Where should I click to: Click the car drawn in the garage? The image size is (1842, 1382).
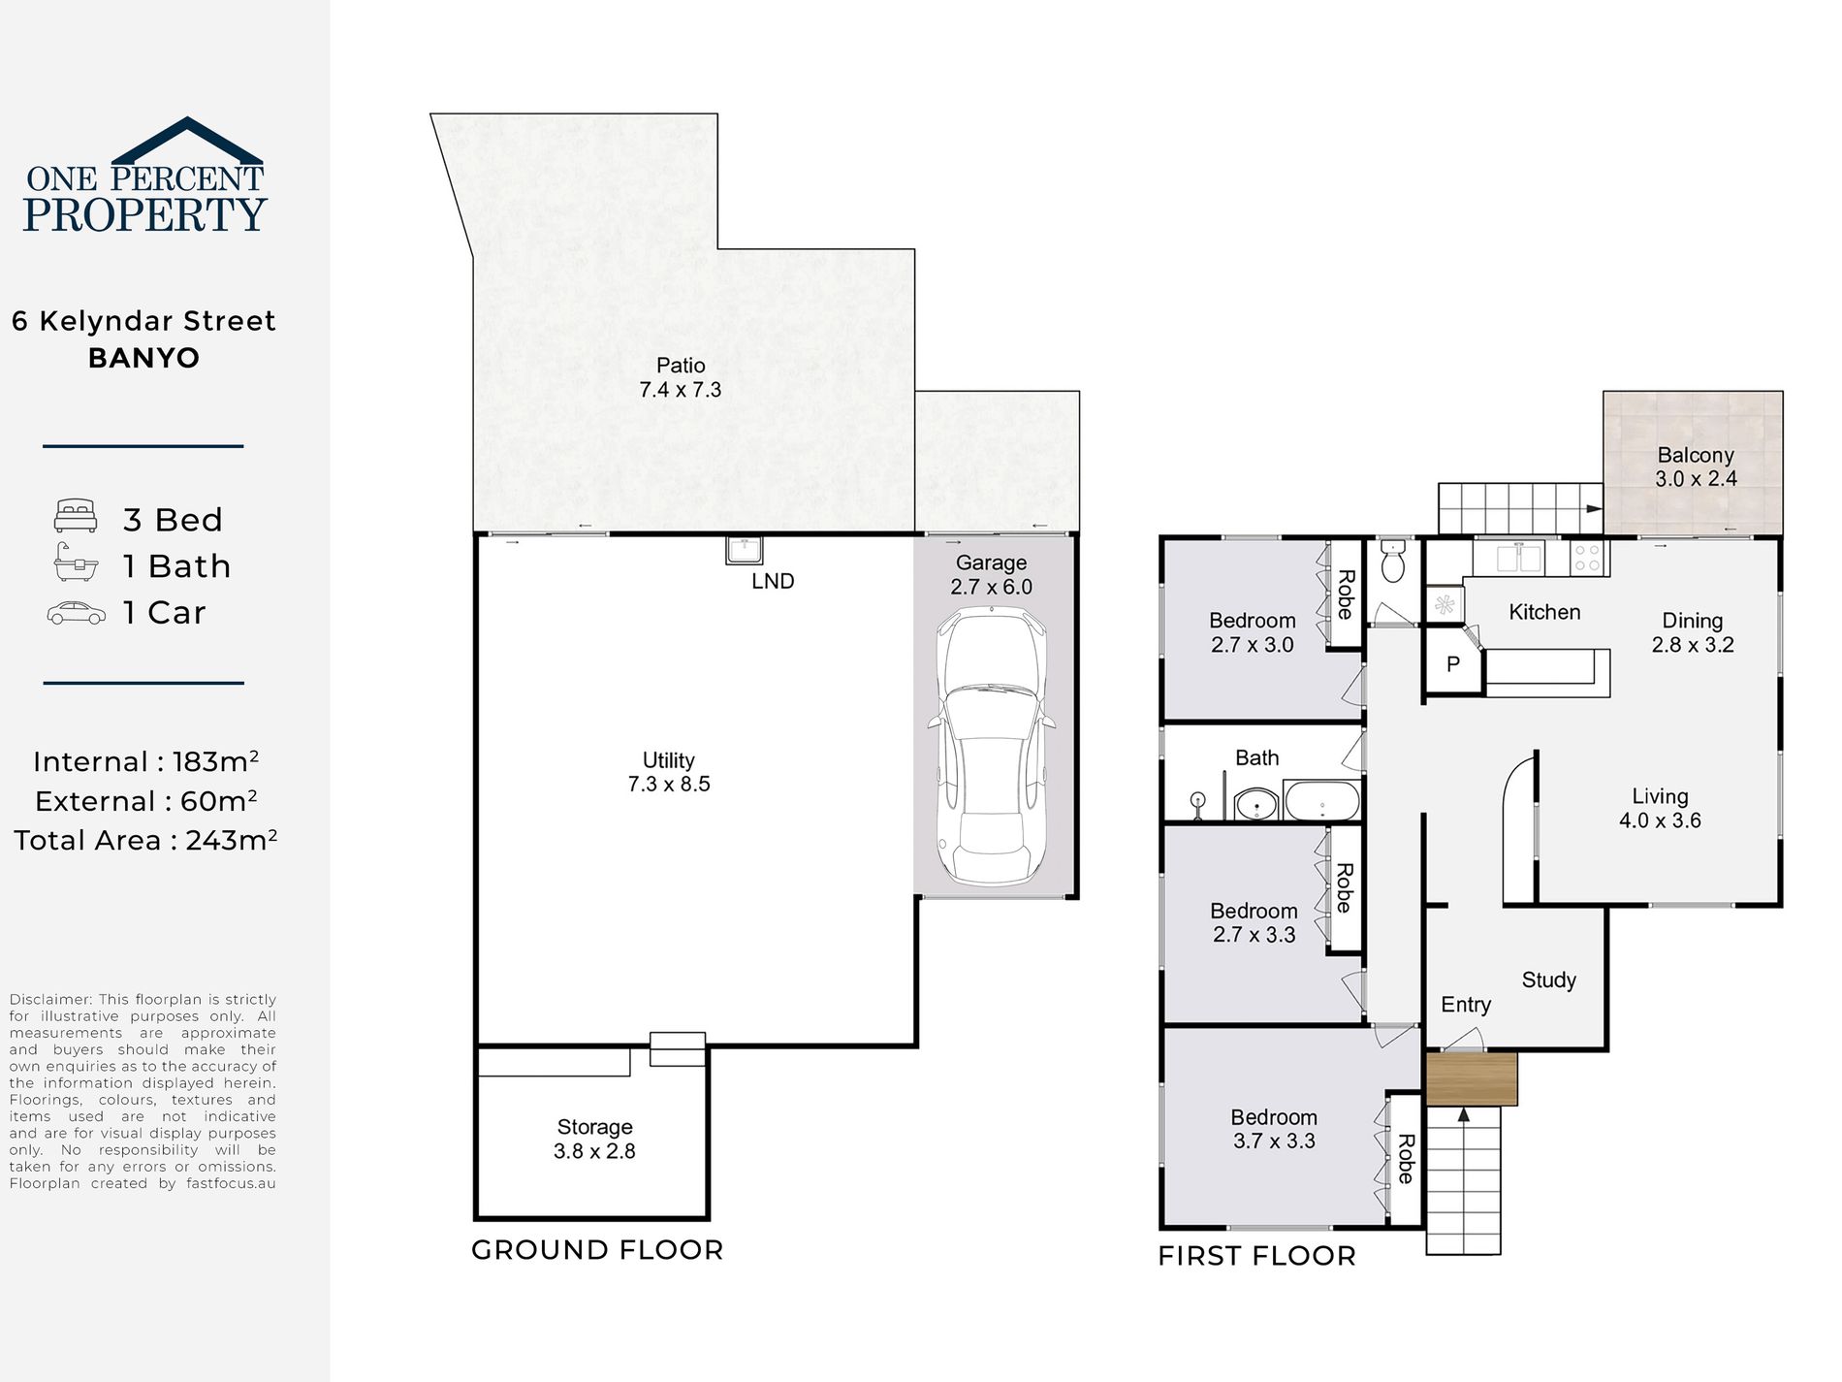[x=991, y=745]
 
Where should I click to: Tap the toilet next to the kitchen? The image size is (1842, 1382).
[x=1393, y=561]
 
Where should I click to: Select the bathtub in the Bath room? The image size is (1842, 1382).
[x=1322, y=802]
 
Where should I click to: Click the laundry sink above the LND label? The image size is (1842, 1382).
[x=745, y=550]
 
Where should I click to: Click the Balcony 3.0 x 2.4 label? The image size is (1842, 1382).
[x=1696, y=466]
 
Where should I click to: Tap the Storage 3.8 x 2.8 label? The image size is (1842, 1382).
[x=594, y=1139]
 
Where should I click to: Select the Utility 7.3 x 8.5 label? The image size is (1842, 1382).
[x=669, y=772]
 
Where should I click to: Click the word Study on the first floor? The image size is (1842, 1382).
[x=1548, y=980]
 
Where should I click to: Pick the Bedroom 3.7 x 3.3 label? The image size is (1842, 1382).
[x=1274, y=1129]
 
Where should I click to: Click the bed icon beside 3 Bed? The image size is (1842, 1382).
[x=76, y=516]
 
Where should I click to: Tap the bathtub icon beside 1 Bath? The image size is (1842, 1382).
[x=76, y=562]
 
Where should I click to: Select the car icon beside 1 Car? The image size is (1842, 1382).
[x=77, y=613]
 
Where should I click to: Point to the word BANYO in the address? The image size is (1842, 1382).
[x=143, y=358]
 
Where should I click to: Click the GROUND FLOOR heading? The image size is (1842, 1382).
[x=597, y=1250]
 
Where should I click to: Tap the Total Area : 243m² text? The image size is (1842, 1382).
[x=145, y=839]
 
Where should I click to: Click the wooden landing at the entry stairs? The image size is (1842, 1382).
[x=1471, y=1078]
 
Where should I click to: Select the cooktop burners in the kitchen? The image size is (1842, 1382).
[x=1587, y=558]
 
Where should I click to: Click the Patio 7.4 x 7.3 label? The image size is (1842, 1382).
[x=681, y=377]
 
